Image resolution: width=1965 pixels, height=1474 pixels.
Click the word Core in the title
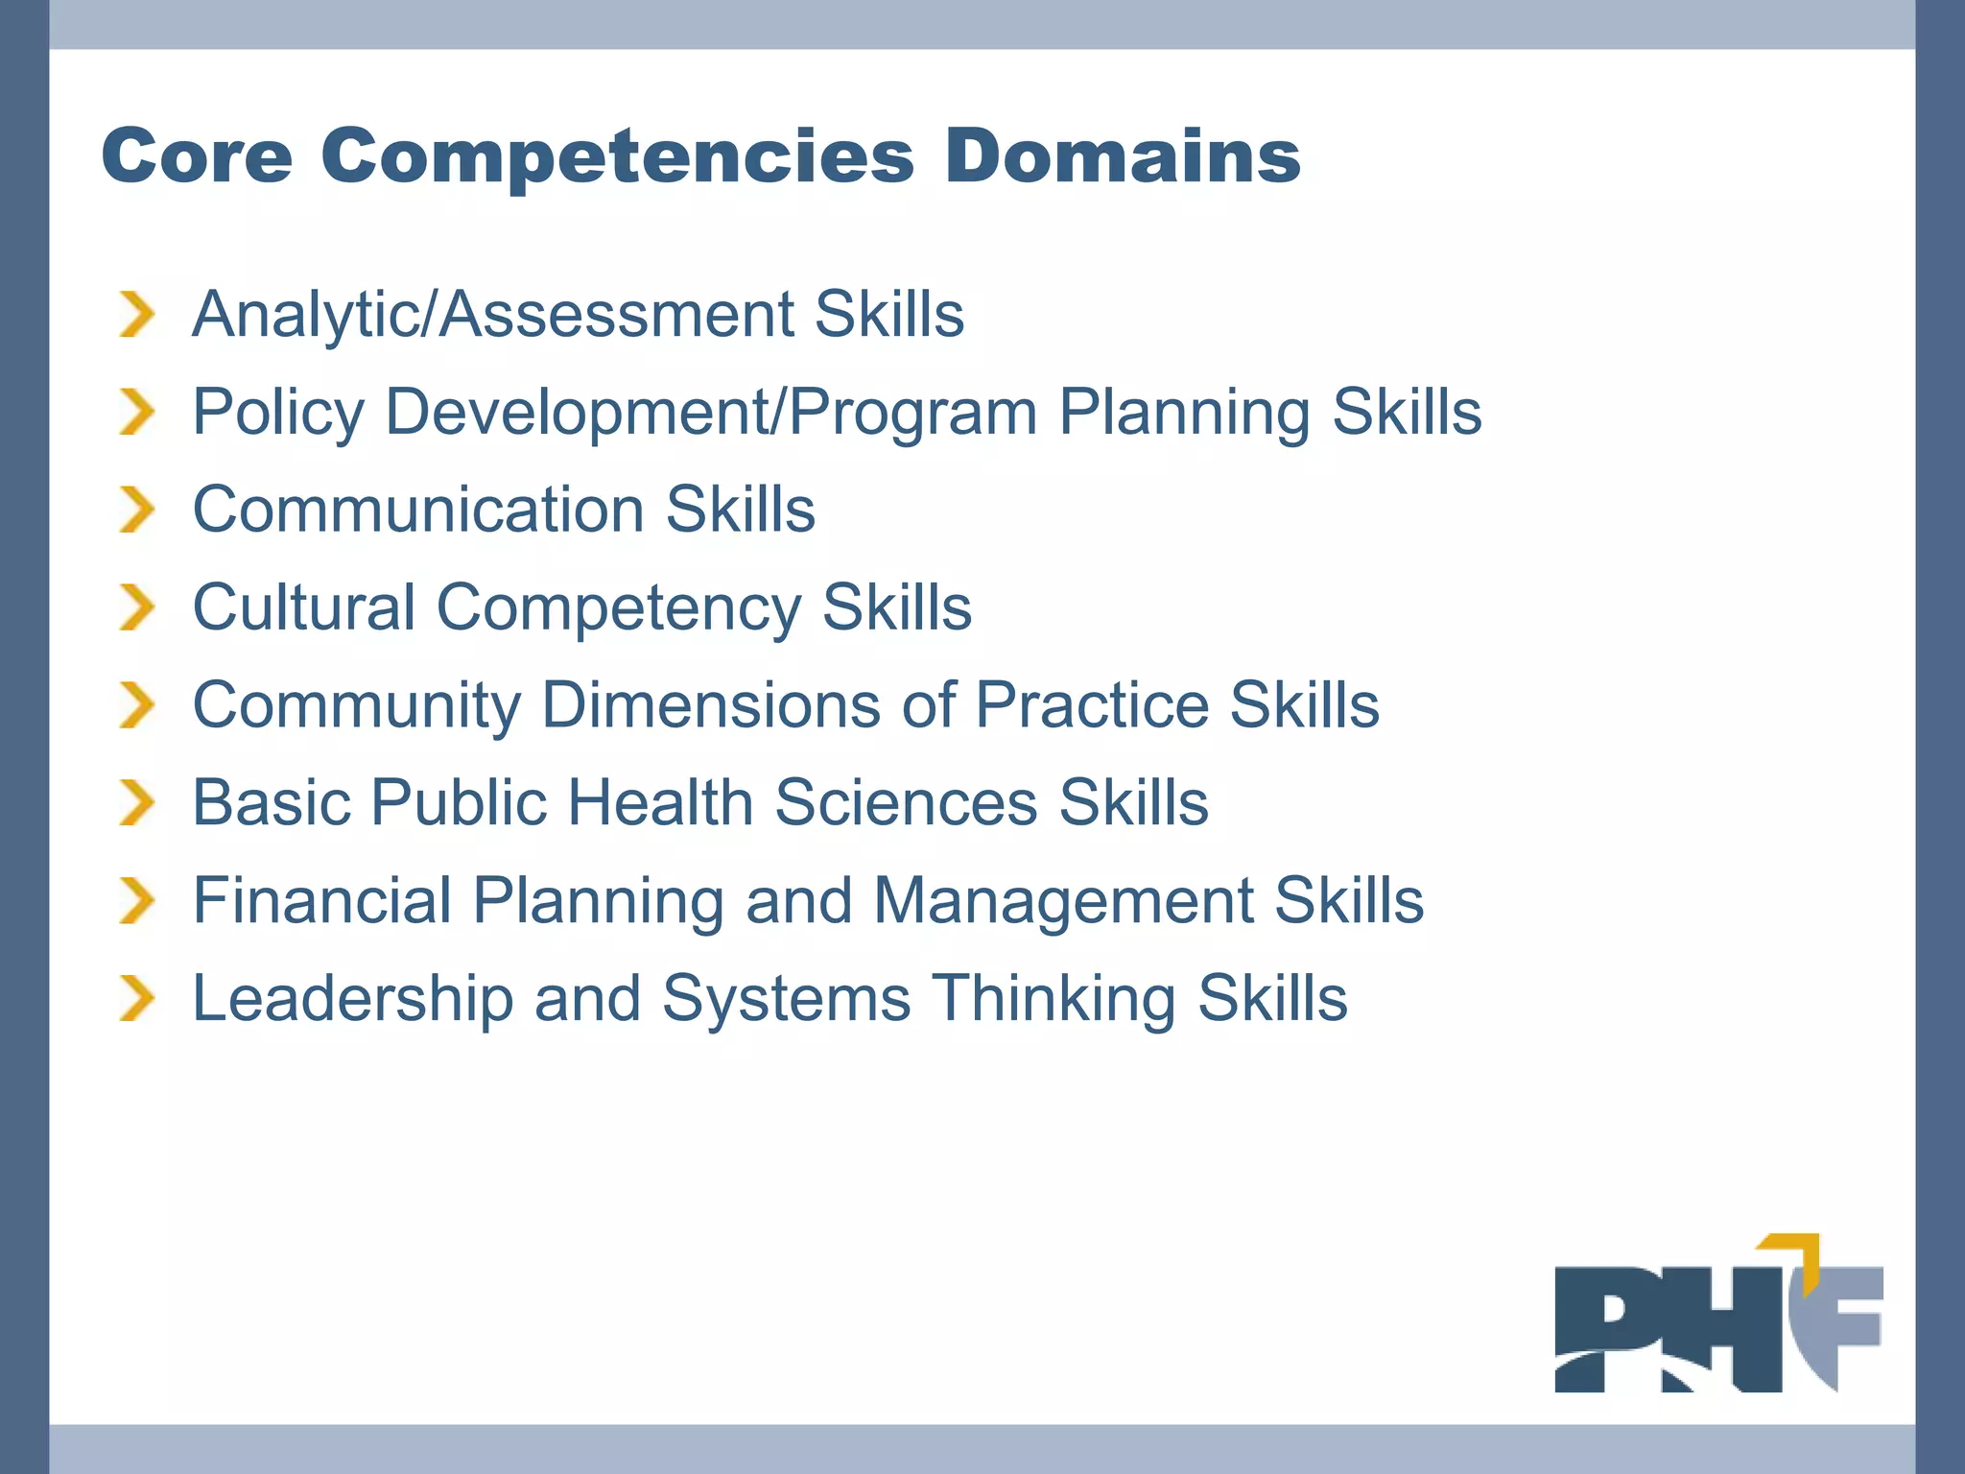point(197,156)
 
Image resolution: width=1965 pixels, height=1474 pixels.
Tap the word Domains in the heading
point(1123,156)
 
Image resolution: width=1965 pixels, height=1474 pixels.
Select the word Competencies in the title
point(618,156)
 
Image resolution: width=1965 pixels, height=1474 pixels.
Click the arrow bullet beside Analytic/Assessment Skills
point(136,315)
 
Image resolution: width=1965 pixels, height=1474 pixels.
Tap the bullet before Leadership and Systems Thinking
point(136,998)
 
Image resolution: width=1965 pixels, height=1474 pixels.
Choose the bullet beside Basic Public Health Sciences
point(136,802)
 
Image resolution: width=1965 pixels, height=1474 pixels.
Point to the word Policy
point(278,413)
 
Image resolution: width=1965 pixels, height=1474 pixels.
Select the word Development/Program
point(711,413)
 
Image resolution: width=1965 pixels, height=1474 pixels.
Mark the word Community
point(357,705)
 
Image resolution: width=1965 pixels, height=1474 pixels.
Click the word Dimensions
point(711,705)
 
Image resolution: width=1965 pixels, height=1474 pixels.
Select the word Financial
point(322,900)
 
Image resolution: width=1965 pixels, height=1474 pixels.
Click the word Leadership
point(353,998)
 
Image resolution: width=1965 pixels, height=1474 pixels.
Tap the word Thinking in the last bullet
point(1054,998)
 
